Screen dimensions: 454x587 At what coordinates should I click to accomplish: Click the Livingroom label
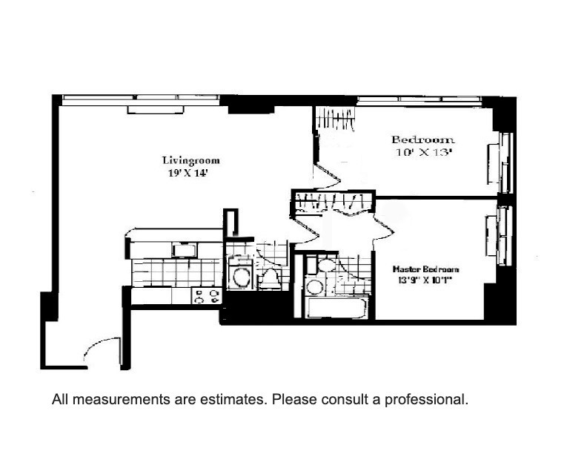190,160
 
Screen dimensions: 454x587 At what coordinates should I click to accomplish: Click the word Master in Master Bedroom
406,269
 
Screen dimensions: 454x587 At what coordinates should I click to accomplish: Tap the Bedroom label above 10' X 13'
422,139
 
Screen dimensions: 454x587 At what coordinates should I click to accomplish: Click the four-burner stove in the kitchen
207,296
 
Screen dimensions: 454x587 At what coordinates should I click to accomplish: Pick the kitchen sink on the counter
184,250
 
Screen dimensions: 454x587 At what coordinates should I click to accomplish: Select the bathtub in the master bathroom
335,308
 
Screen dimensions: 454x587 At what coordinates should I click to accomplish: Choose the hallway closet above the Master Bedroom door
334,203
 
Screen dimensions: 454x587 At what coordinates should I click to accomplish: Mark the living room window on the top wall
140,98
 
